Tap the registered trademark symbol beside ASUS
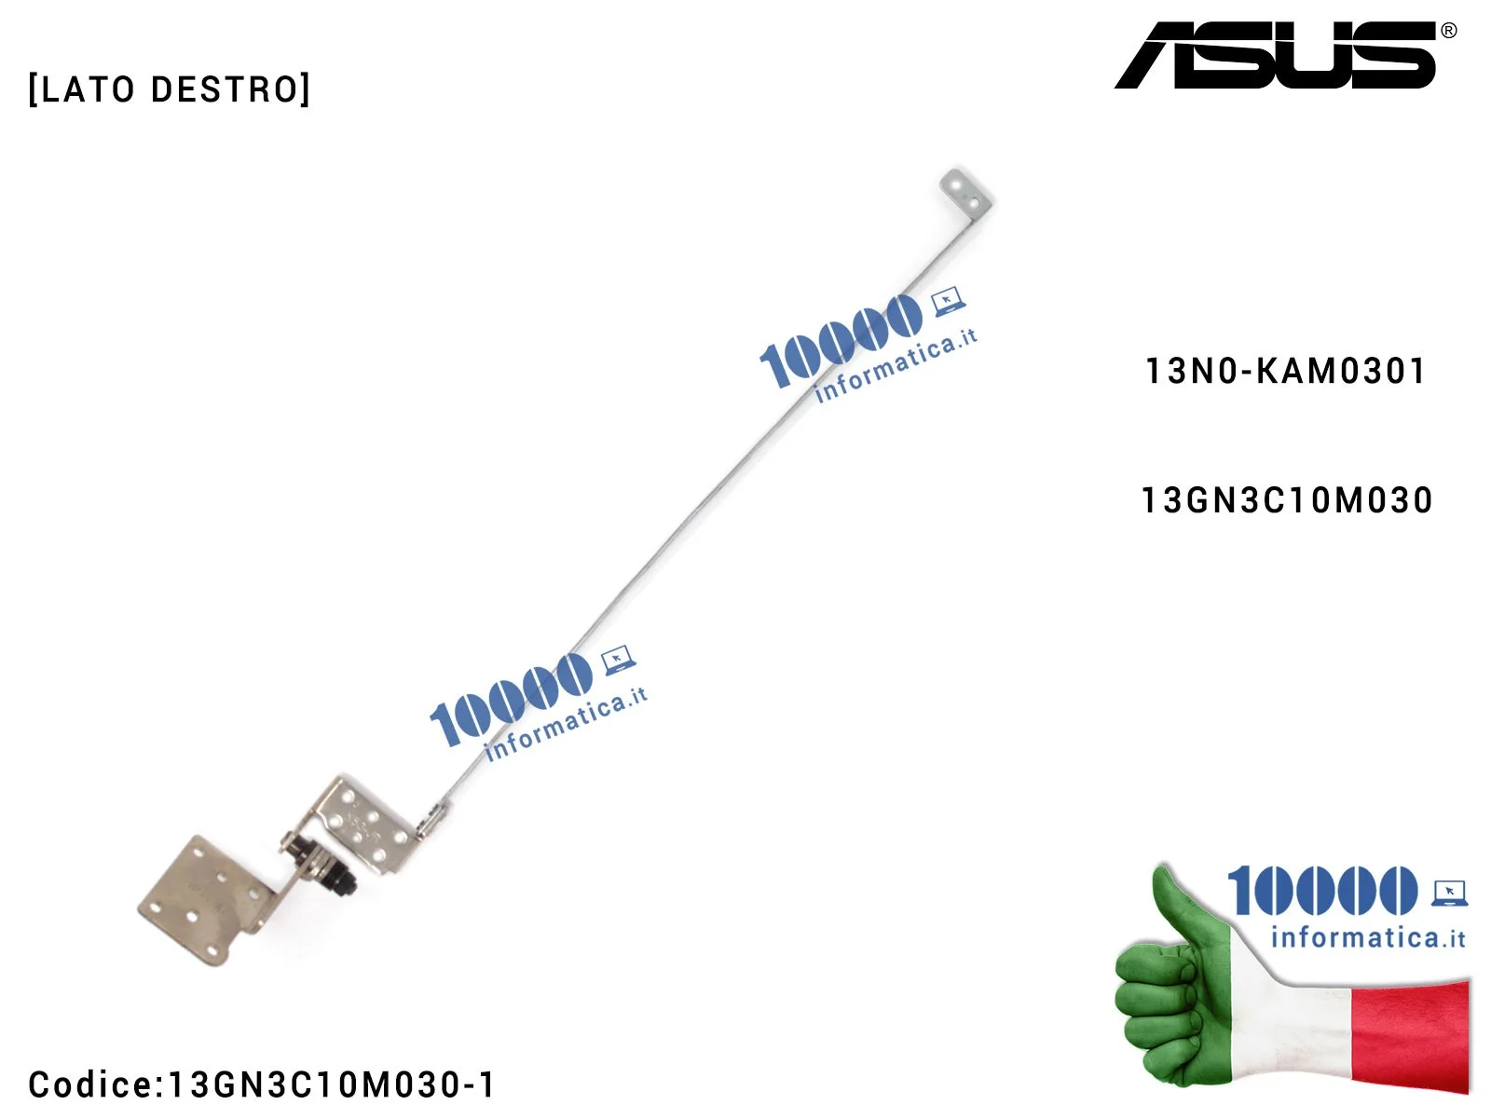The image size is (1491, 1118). (1448, 31)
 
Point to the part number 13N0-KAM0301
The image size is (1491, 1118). (1285, 372)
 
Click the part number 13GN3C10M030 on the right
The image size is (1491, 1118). (1287, 501)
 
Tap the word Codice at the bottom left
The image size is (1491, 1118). (89, 1084)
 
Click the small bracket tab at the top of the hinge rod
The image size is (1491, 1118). (965, 192)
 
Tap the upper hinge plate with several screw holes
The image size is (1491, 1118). (363, 820)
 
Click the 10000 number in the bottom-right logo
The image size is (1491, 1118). (1321, 891)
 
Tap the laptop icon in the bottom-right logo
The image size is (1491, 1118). (1449, 893)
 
